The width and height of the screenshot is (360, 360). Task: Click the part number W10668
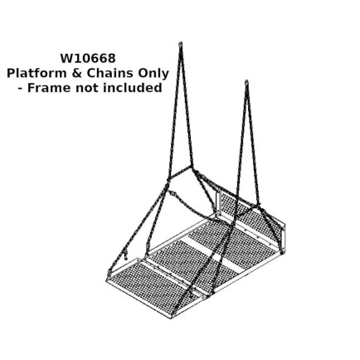(88, 58)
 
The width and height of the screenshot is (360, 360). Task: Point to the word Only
(152, 73)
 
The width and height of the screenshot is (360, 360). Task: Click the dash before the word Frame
(20, 90)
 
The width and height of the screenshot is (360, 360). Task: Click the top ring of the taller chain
(181, 44)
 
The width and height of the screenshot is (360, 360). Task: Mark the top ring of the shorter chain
(246, 82)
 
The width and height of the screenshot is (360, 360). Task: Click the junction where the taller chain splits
(191, 167)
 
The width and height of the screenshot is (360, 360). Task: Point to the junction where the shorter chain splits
(258, 205)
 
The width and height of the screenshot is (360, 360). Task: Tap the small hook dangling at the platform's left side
(126, 254)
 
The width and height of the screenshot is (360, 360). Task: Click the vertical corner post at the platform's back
(218, 203)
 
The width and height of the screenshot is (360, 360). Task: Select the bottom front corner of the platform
(171, 318)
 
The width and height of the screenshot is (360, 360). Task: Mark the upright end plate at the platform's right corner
(285, 238)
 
